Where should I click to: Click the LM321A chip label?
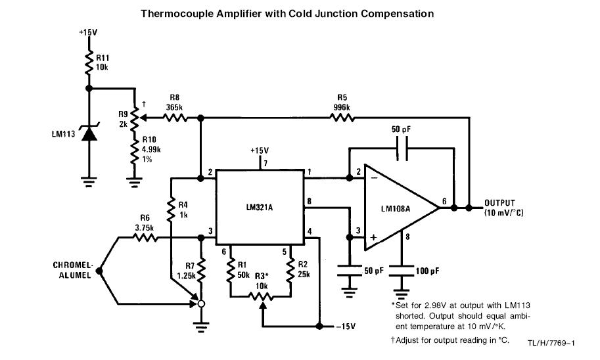click(259, 208)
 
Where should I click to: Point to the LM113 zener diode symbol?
click(89, 133)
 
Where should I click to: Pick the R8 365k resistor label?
click(173, 103)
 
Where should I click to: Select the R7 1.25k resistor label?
click(185, 272)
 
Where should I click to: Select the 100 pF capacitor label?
click(429, 270)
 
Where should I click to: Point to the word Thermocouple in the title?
click(175, 13)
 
